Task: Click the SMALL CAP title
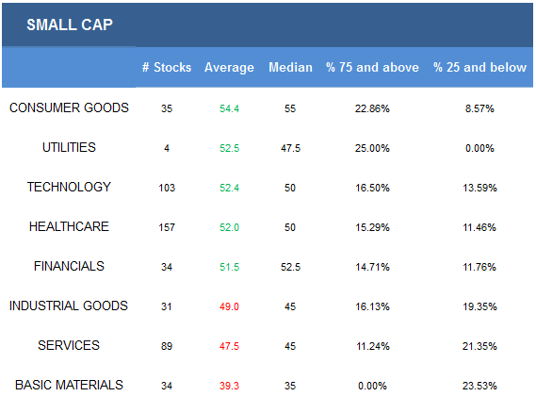click(70, 25)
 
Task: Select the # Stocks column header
click(167, 67)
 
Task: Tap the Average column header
click(229, 67)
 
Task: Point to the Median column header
click(290, 67)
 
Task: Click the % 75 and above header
click(372, 67)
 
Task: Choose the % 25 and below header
click(479, 67)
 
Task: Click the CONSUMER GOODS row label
click(69, 107)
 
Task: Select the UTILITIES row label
click(69, 147)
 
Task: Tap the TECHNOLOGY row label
click(69, 187)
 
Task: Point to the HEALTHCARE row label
click(69, 226)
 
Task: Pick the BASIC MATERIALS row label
click(69, 385)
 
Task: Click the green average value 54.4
click(229, 108)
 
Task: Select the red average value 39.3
click(229, 386)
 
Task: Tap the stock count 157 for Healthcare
click(167, 227)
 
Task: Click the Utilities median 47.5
click(290, 148)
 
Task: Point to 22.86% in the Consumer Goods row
click(372, 108)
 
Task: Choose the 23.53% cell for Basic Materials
click(479, 386)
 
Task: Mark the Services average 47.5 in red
click(229, 346)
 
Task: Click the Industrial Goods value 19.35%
click(479, 306)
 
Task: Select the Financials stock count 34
click(167, 267)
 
